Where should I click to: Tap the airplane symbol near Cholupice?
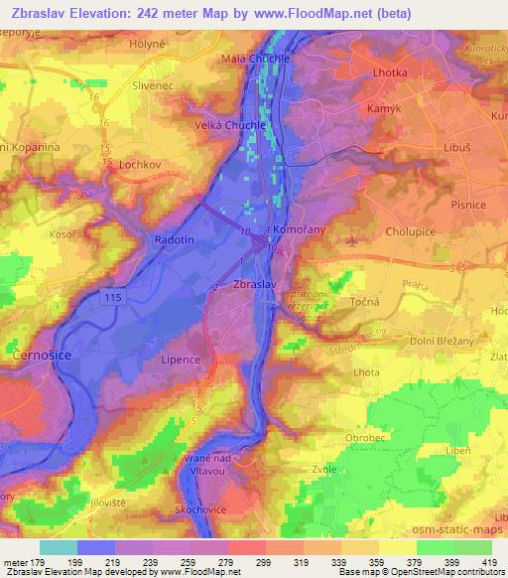pos(351,240)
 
